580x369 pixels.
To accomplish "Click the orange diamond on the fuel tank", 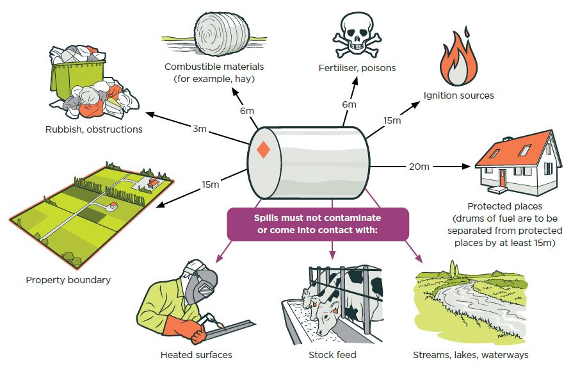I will pyautogui.click(x=262, y=151).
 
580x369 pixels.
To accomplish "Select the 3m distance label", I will pyautogui.click(x=200, y=129).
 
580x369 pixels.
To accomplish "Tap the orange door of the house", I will pyautogui.click(x=502, y=177).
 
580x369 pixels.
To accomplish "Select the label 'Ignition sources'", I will pyautogui.click(x=458, y=95).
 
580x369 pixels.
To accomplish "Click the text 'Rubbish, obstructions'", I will pyautogui.click(x=93, y=129).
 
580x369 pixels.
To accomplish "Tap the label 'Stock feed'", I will pyautogui.click(x=332, y=354).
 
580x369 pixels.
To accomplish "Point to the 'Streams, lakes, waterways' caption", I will pyautogui.click(x=471, y=354).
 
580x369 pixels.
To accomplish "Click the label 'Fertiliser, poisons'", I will pyautogui.click(x=357, y=68).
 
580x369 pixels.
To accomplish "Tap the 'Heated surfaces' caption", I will pyautogui.click(x=197, y=354).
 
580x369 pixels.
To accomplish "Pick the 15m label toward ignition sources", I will pyautogui.click(x=392, y=120).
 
